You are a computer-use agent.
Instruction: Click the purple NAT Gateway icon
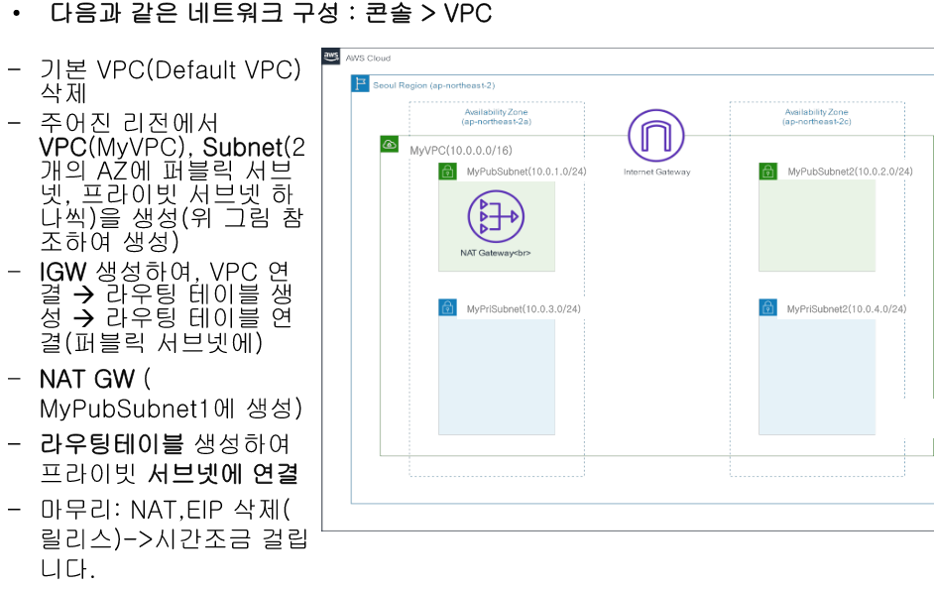point(496,214)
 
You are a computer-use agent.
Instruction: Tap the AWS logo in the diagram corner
point(331,58)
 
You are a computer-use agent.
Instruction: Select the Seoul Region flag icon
point(361,84)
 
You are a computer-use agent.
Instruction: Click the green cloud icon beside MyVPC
point(390,146)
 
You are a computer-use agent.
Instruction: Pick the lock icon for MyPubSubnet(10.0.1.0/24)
point(448,172)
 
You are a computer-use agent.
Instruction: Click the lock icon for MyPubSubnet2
point(768,172)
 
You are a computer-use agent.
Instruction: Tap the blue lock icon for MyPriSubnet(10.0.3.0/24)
point(448,308)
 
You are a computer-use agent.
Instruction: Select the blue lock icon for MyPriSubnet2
point(768,308)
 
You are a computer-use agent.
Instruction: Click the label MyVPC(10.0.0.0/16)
point(461,150)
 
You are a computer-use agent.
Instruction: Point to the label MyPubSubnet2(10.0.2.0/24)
point(850,172)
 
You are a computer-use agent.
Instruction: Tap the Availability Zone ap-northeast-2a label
point(497,117)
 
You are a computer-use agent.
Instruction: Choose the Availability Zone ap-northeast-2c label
point(817,117)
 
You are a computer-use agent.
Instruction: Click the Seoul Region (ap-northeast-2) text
point(433,85)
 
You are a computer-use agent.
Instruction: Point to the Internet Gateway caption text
point(656,172)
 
